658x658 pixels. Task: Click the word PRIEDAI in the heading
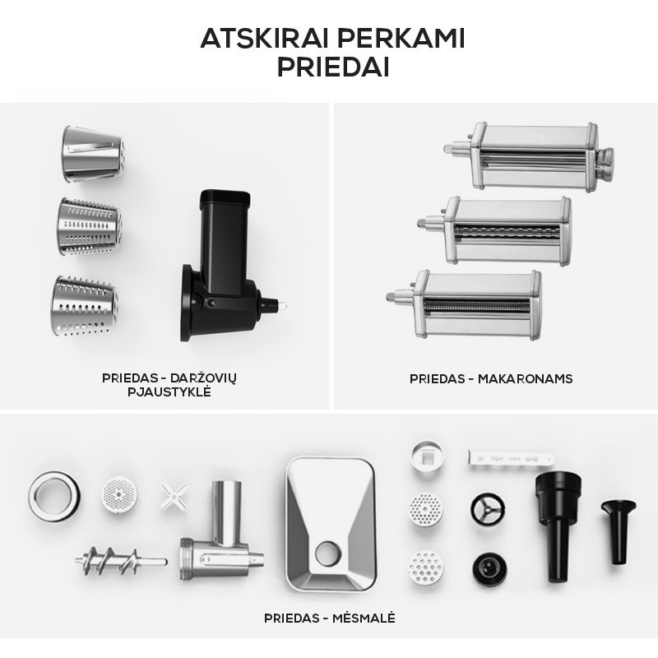[x=333, y=67]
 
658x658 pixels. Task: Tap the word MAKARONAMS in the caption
[x=525, y=379]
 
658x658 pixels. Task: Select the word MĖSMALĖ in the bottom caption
[x=364, y=619]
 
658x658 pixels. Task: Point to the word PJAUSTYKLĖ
[x=169, y=392]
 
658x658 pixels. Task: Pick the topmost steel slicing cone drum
[x=94, y=154]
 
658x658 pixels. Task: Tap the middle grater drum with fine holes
[x=90, y=227]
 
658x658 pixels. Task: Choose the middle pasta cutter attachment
[x=495, y=230]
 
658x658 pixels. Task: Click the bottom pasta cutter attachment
[x=465, y=304]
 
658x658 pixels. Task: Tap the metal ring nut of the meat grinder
[x=54, y=497]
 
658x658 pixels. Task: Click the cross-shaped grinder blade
[x=174, y=497]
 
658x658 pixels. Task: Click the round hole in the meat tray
[x=327, y=553]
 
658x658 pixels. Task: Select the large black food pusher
[x=558, y=526]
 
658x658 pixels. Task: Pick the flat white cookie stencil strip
[x=511, y=458]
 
